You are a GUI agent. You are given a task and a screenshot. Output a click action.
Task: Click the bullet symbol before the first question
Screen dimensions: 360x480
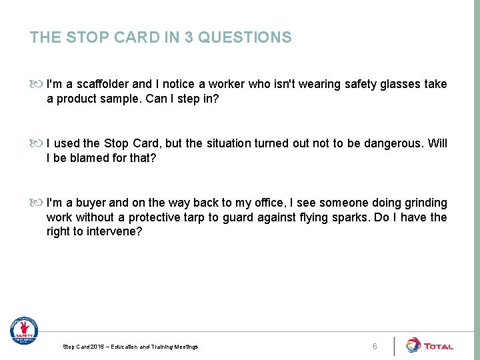pyautogui.click(x=37, y=84)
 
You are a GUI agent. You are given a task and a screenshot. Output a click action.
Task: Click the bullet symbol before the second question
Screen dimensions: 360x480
pyautogui.click(x=37, y=143)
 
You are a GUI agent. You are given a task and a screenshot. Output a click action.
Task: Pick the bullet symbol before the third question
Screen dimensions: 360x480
pyautogui.click(x=37, y=203)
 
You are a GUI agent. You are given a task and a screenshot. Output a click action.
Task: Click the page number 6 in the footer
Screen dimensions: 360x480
pyautogui.click(x=375, y=347)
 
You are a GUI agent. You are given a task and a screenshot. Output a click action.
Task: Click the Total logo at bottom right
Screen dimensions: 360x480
pyautogui.click(x=429, y=345)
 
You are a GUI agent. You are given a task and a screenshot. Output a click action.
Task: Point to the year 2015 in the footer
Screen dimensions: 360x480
pyautogui.click(x=95, y=347)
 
